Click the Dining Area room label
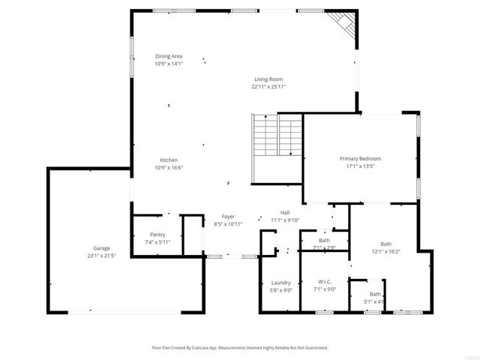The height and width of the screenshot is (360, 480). [169, 56]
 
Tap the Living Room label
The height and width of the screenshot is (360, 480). [268, 79]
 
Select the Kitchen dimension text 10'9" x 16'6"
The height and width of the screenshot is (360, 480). [169, 167]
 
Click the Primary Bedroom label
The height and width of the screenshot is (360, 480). [360, 158]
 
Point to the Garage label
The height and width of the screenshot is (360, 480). [101, 248]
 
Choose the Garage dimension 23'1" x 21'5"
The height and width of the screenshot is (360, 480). [101, 256]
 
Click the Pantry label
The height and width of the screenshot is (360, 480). [157, 235]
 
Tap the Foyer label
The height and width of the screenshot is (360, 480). [228, 216]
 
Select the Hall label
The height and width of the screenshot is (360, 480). [285, 212]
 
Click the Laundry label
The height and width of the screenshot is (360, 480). [280, 282]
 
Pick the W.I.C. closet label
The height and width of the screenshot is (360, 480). [325, 281]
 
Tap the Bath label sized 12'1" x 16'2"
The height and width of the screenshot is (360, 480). [385, 244]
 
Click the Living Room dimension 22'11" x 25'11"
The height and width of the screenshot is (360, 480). [268, 86]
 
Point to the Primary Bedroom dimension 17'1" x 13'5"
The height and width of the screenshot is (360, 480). [360, 166]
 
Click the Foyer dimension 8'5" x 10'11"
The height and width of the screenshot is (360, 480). [228, 224]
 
